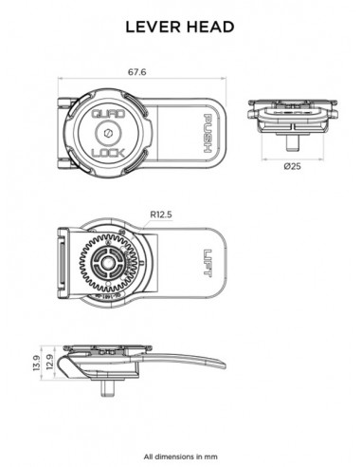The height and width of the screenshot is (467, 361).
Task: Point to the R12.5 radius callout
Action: [162, 214]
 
